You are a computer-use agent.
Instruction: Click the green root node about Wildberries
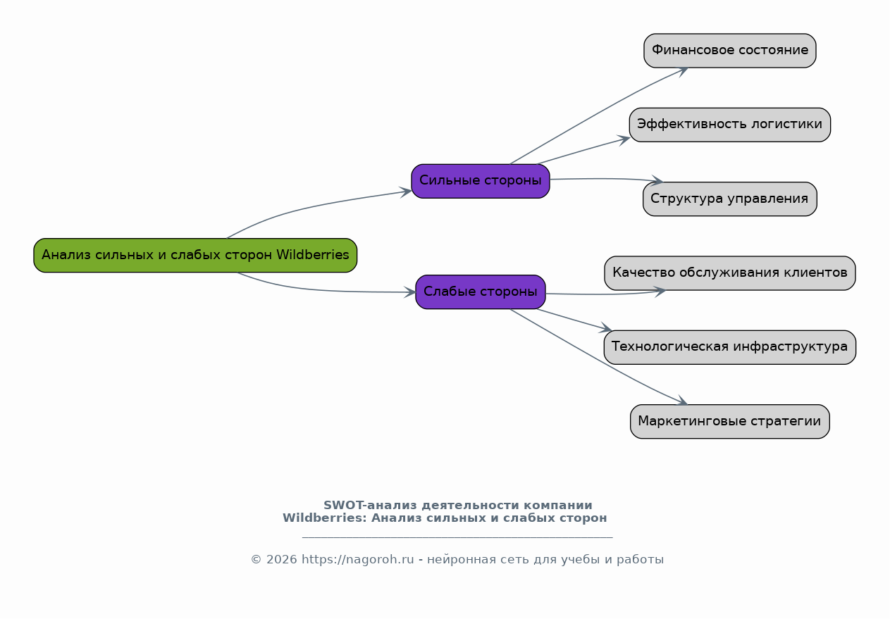195,255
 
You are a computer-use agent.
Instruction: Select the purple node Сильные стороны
480,181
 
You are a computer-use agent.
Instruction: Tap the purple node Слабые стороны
480,292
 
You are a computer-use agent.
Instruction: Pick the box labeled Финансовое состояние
729,51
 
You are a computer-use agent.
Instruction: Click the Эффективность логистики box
729,125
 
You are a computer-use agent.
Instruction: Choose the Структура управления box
729,199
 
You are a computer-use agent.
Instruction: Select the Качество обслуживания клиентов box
729,273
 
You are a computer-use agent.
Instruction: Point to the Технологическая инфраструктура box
729,347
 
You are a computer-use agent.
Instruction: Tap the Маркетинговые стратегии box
729,421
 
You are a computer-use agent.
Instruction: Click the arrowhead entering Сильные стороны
406,192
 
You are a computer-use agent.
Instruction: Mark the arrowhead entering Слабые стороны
409,292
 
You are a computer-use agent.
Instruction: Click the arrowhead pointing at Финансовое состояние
681,70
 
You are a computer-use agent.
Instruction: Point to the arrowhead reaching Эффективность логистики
624,139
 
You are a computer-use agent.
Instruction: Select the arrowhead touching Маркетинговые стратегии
681,402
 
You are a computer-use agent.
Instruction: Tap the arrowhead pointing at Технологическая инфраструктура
606,329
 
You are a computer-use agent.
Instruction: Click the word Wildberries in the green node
312,255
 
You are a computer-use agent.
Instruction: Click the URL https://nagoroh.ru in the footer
357,560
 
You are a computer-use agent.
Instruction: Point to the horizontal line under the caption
457,537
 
